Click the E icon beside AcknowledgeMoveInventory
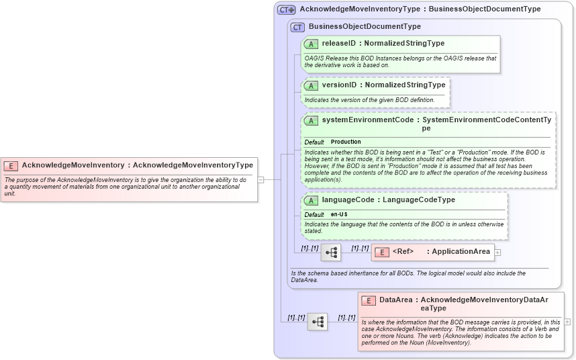(11, 165)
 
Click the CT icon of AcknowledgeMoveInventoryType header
(287, 9)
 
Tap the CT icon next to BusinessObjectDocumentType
(297, 27)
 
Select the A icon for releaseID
(311, 44)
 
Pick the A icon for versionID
(311, 86)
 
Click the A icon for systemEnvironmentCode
(311, 121)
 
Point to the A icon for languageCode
(311, 200)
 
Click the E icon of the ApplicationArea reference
(381, 253)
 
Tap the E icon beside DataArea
(368, 301)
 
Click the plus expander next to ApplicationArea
(498, 253)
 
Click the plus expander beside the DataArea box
(568, 322)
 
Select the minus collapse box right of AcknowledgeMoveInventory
(260, 179)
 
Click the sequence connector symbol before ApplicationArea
(331, 253)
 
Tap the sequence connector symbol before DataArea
(318, 322)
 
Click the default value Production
(346, 142)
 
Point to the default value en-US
(339, 215)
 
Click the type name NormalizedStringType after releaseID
(404, 44)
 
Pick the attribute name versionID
(339, 86)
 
